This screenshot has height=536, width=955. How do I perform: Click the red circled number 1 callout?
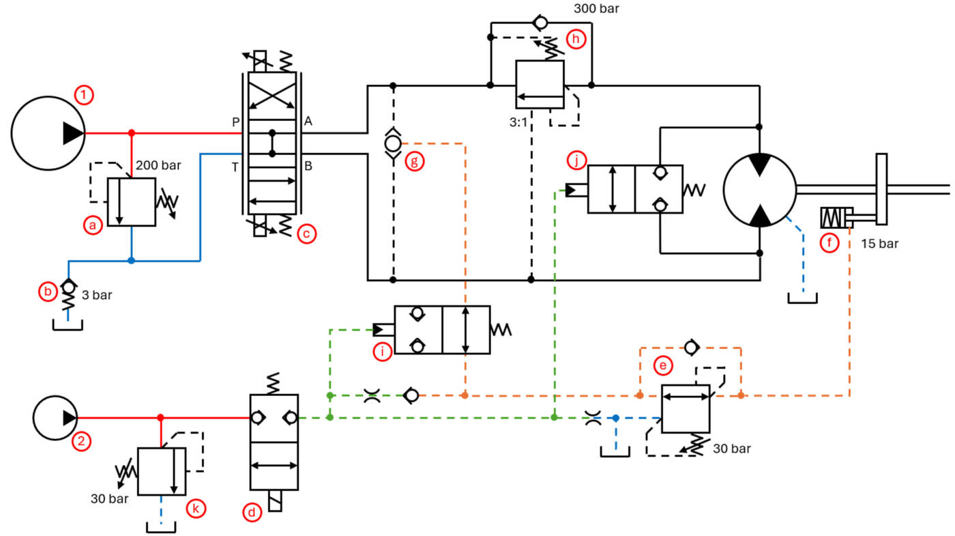point(83,95)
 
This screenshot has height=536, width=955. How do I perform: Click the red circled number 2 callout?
point(81,441)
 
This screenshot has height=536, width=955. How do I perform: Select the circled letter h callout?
point(576,40)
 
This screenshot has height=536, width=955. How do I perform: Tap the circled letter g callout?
point(415,162)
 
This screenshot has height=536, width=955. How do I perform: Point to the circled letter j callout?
point(577,160)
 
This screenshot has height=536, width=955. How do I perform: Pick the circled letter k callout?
point(196,509)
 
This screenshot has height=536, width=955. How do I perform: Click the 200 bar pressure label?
point(158,165)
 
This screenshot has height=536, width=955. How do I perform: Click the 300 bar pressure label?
point(596,8)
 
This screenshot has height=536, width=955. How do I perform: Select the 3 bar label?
point(97,295)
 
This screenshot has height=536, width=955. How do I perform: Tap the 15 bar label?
point(879,244)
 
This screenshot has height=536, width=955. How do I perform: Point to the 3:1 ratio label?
point(518,122)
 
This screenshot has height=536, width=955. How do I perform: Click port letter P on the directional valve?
point(236,122)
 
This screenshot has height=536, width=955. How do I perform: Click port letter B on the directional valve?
point(308,166)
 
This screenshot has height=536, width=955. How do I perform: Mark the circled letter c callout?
point(306,234)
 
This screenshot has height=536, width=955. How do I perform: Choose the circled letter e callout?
point(663,366)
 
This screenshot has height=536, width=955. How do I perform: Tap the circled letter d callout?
point(252,513)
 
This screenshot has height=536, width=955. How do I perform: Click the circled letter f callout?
point(829,243)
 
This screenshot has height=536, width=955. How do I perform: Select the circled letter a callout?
point(93,225)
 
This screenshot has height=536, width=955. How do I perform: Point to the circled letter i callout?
point(383,352)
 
